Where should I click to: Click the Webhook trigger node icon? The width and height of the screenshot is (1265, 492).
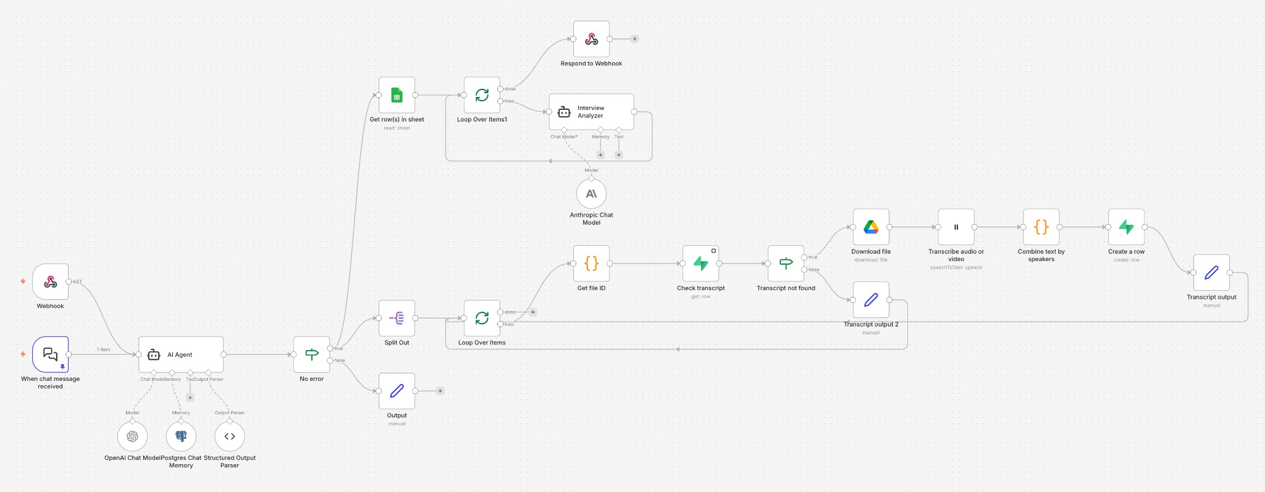click(51, 282)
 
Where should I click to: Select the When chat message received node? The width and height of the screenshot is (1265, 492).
click(51, 354)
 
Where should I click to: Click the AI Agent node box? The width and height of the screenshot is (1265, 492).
click(180, 354)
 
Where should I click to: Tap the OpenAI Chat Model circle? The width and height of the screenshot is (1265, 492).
click(132, 436)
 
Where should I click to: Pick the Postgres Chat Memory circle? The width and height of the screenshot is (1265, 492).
click(181, 436)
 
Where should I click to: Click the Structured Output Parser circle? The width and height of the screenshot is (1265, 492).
click(230, 436)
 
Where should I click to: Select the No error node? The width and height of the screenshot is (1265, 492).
click(312, 354)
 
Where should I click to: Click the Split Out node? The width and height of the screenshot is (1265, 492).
click(397, 318)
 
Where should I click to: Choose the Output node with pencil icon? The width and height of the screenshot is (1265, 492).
click(397, 391)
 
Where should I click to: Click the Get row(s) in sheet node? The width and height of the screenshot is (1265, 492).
click(397, 95)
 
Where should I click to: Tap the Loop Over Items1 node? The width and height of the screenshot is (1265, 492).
click(482, 95)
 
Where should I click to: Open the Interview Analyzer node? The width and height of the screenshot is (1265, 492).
click(591, 112)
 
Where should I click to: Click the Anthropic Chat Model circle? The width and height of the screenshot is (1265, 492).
click(591, 194)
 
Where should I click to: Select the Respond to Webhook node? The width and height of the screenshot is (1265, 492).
click(591, 39)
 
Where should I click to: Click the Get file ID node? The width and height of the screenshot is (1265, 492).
click(591, 264)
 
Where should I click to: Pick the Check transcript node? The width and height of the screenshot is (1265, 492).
click(700, 264)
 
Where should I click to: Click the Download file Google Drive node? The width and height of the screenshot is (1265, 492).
click(871, 227)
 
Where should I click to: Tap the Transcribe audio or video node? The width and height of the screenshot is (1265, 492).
click(956, 227)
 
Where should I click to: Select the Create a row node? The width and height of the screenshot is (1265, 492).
click(1126, 227)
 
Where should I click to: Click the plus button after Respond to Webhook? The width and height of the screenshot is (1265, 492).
click(634, 39)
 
